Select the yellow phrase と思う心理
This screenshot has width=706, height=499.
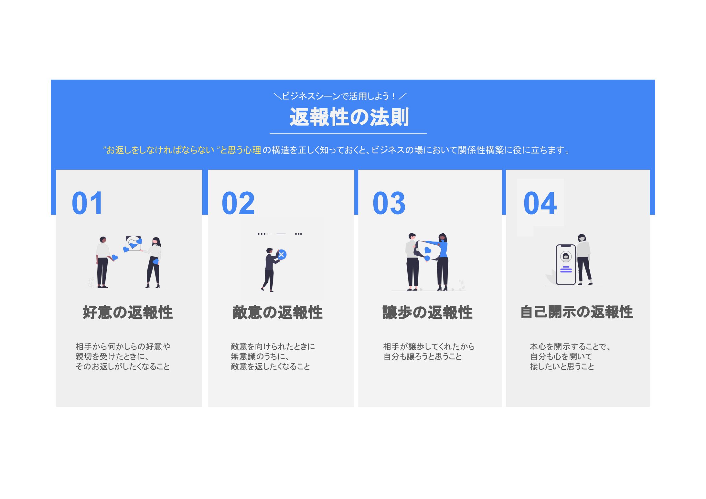241,150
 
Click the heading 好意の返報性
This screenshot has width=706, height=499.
128,312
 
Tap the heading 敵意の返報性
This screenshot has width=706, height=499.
277,312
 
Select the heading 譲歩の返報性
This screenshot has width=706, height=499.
427,312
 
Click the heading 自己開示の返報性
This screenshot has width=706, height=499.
577,312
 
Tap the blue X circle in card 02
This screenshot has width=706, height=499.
282,254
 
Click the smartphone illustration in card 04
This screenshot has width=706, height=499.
566,264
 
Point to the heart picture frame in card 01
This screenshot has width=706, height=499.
134,243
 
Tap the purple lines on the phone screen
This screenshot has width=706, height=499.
566,269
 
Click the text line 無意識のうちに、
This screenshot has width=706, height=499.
260,356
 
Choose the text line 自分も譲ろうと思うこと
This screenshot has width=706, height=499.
422,356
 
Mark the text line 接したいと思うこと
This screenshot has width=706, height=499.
562,366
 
